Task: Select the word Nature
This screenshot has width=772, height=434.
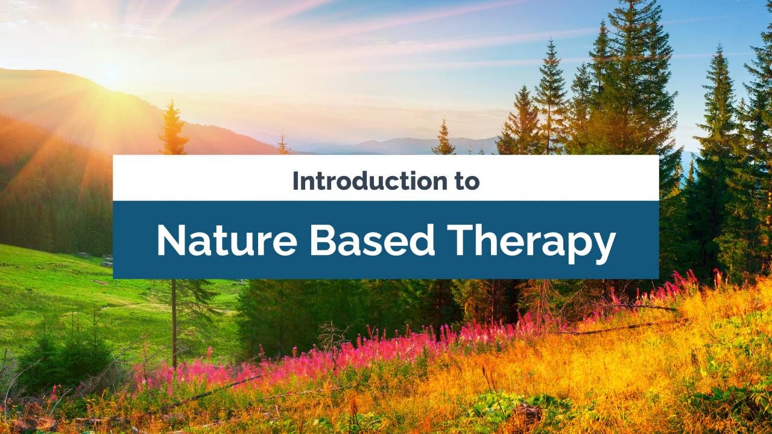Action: coord(227,241)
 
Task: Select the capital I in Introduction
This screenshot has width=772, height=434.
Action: coord(295,181)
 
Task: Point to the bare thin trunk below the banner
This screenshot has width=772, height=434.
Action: coord(174,323)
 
